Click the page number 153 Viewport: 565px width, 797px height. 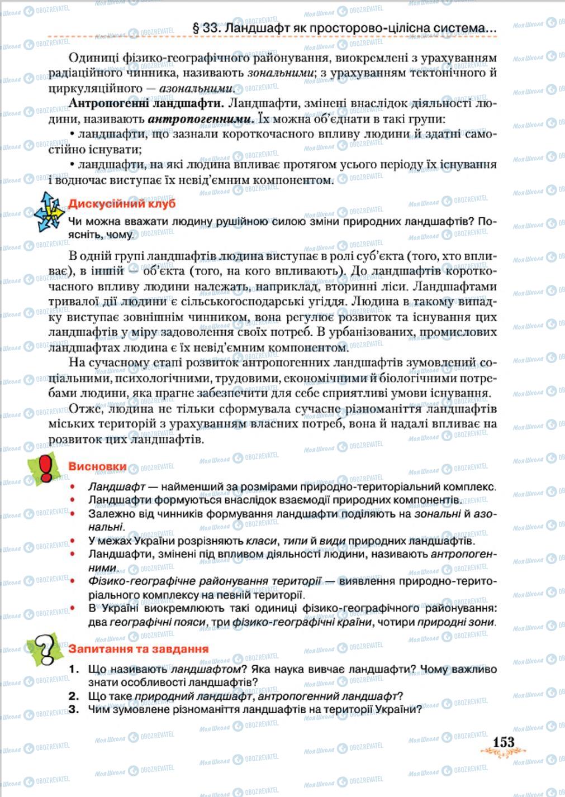coord(503,741)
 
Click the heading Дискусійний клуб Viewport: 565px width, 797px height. coord(121,203)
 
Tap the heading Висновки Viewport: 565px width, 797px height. coord(97,467)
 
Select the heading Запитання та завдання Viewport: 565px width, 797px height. coord(138,649)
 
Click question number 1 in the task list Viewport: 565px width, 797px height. coord(72,669)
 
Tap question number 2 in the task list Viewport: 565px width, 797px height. coord(73,696)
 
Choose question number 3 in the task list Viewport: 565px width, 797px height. coord(73,709)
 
